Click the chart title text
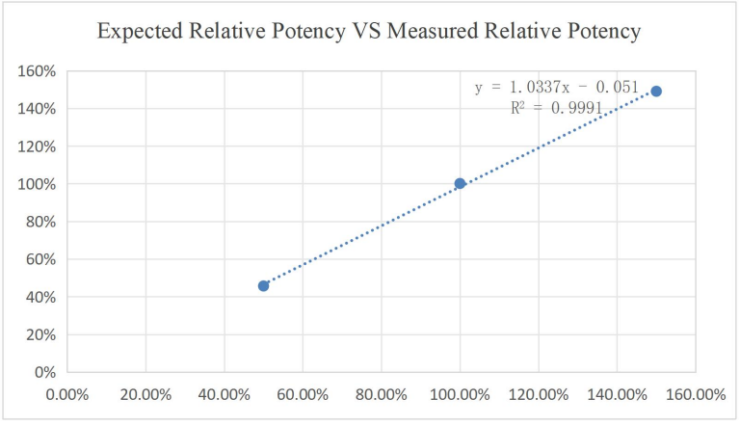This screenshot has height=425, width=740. (x=370, y=32)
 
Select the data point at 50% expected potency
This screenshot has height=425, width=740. (x=263, y=285)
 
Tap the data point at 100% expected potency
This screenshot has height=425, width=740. (x=460, y=183)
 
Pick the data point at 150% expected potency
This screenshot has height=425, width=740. (x=656, y=91)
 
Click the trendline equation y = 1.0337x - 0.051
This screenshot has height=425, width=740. (x=556, y=88)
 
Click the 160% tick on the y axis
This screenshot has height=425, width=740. (x=35, y=71)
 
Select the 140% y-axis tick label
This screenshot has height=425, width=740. (x=35, y=109)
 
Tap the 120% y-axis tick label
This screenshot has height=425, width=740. (x=35, y=146)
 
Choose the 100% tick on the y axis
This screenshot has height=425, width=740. (x=35, y=184)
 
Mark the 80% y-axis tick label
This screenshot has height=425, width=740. (x=39, y=222)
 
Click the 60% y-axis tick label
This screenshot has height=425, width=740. (x=39, y=259)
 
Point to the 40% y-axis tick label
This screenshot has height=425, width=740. (x=39, y=297)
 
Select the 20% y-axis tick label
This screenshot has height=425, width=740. (x=39, y=334)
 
